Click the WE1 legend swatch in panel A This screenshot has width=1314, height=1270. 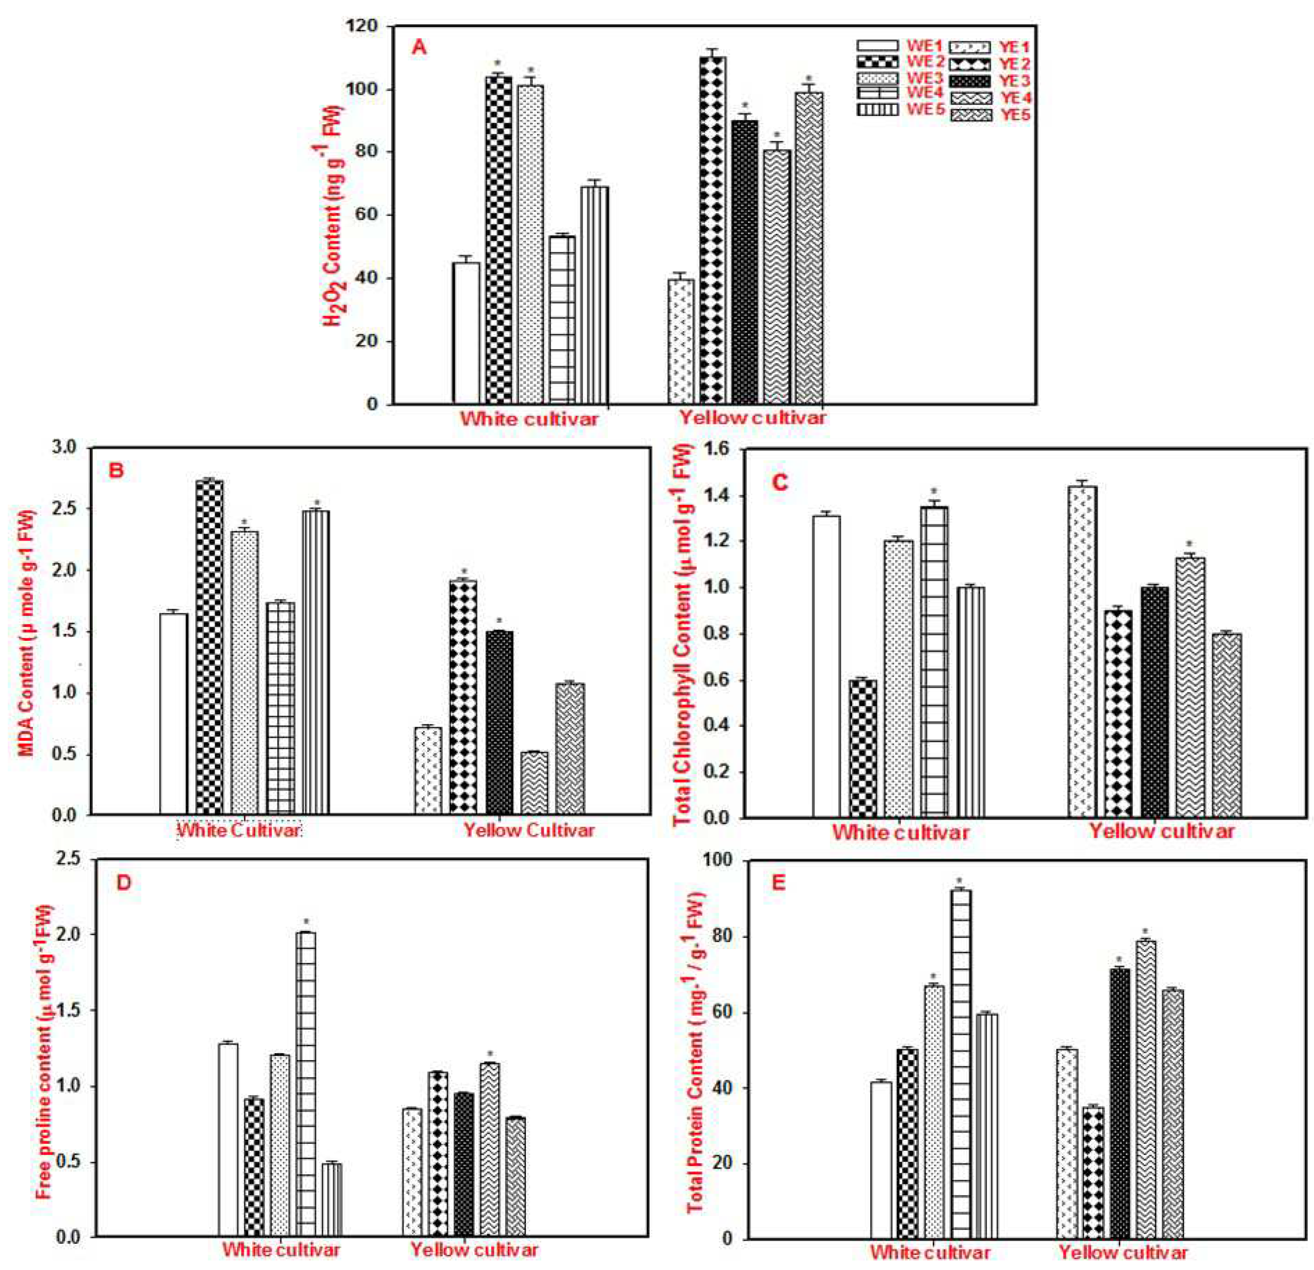click(x=877, y=46)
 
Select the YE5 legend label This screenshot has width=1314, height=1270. click(x=1015, y=115)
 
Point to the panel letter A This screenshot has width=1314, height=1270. click(x=419, y=48)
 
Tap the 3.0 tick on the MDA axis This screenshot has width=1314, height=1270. click(x=65, y=447)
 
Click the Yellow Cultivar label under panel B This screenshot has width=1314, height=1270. click(x=529, y=830)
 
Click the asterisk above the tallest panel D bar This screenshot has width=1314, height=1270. click(x=306, y=921)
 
